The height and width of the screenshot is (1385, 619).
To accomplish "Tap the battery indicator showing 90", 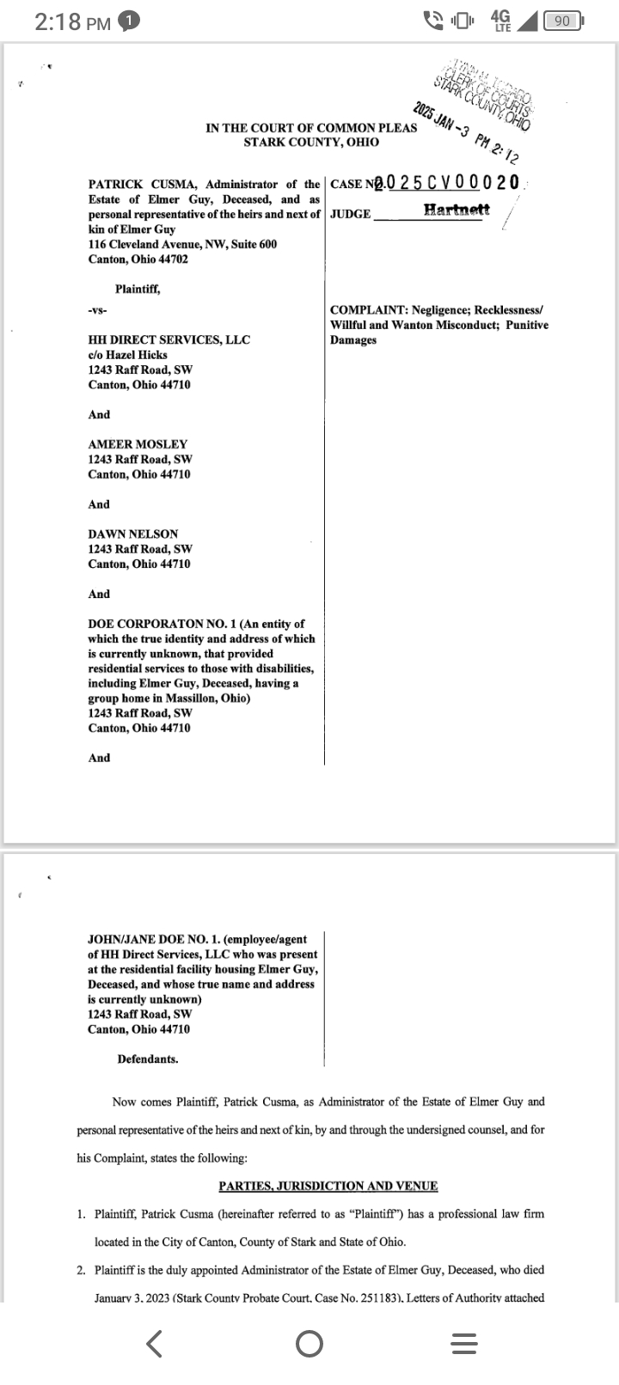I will pyautogui.click(x=563, y=21).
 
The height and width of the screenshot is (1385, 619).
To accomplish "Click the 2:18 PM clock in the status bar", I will pyautogui.click(x=73, y=22).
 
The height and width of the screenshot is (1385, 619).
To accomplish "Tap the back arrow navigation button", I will pyautogui.click(x=155, y=1343).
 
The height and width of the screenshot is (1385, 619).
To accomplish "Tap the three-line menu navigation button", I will pyautogui.click(x=463, y=1344).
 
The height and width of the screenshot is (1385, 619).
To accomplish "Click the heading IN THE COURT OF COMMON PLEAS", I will pyautogui.click(x=311, y=128).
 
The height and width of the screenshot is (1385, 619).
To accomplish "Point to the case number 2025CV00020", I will pyautogui.click(x=451, y=182).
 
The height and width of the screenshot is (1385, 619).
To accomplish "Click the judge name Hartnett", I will pyautogui.click(x=457, y=210).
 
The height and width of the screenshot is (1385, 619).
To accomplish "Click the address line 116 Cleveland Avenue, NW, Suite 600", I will pyautogui.click(x=182, y=244).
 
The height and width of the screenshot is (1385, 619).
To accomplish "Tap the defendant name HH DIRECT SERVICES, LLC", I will pyautogui.click(x=169, y=339).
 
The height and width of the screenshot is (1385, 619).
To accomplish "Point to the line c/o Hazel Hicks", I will pyautogui.click(x=128, y=355).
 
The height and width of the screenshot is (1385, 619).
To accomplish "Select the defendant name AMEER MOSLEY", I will pyautogui.click(x=138, y=444).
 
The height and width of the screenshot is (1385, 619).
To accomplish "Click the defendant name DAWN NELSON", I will pyautogui.click(x=133, y=534).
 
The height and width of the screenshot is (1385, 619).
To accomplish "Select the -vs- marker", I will pyautogui.click(x=96, y=310).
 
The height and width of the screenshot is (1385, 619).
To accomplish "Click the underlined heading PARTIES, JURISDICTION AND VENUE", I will pyautogui.click(x=328, y=1186).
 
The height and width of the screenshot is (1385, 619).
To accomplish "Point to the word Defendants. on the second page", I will pyautogui.click(x=148, y=1059).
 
